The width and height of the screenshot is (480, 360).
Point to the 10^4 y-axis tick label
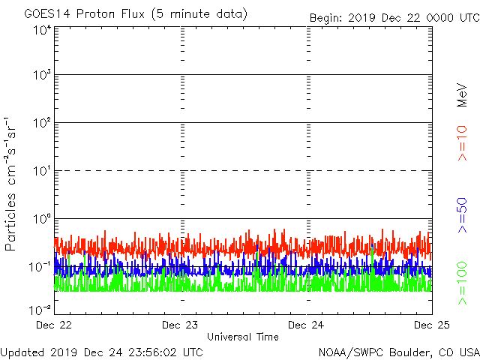(40, 31)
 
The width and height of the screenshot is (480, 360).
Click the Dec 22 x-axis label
(55, 325)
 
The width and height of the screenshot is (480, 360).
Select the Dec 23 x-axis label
(181, 325)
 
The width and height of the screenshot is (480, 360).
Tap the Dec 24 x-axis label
(306, 325)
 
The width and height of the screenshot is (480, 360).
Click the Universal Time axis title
(242, 337)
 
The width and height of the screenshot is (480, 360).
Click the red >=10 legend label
(463, 142)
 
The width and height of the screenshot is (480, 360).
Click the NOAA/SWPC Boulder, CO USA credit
(398, 352)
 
